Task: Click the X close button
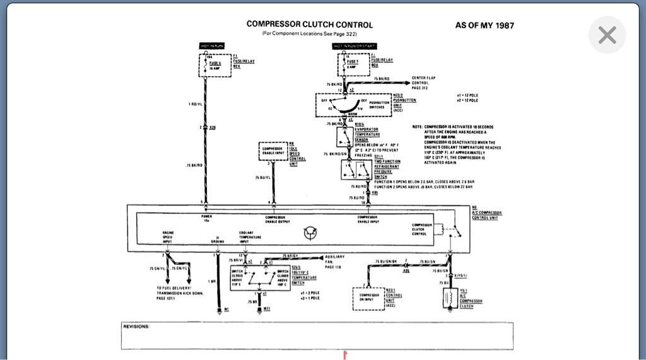(607, 35)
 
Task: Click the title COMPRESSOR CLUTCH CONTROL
(309, 25)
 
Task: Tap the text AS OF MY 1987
(484, 25)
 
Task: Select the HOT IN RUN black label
(212, 46)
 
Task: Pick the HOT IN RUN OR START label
(355, 46)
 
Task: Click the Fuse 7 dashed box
(353, 65)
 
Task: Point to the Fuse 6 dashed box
(215, 65)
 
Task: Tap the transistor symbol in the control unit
(310, 233)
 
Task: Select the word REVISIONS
(136, 327)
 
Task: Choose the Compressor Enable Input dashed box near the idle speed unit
(273, 151)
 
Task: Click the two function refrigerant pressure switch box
(356, 170)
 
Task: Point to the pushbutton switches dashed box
(353, 105)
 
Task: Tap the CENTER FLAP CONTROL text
(423, 83)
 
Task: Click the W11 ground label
(266, 309)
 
